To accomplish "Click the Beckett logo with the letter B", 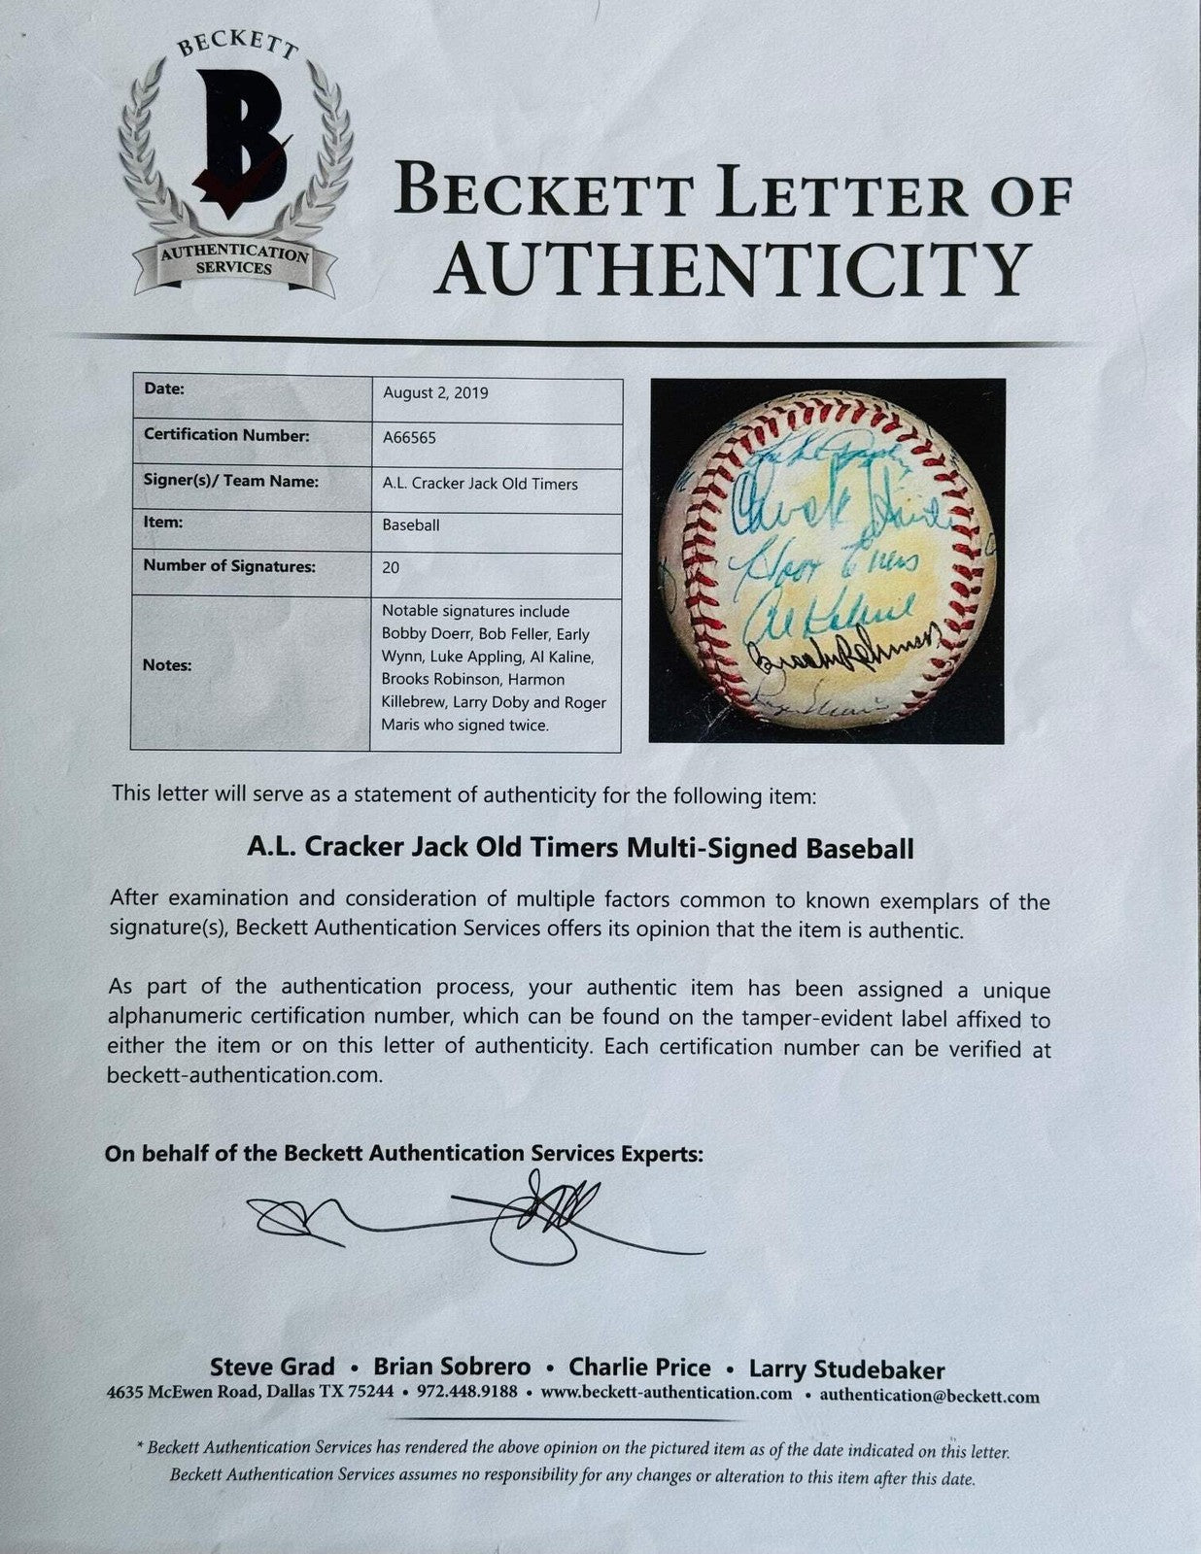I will [x=234, y=155].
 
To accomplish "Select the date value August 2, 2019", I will [x=435, y=393].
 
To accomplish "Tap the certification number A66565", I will [x=409, y=438].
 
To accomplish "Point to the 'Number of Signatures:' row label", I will [x=229, y=566].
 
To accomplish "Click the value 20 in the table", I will [x=391, y=567].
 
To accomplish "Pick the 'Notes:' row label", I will [x=167, y=665].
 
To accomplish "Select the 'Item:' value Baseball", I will [x=410, y=524].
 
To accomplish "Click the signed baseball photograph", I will [x=827, y=559].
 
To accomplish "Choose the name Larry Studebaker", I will [x=846, y=1369].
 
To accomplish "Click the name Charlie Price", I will [x=639, y=1368].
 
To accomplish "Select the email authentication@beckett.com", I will [x=929, y=1397].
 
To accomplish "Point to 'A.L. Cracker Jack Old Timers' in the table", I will [x=480, y=483].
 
